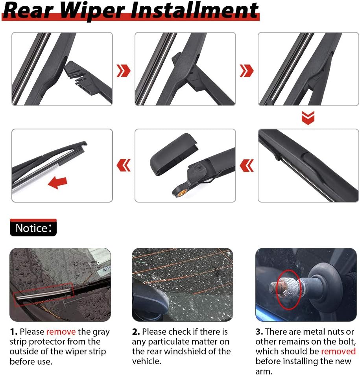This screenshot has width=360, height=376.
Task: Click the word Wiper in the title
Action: click(92, 10)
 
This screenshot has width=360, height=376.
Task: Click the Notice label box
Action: click(33, 228)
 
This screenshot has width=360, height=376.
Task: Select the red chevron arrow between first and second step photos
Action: click(123, 71)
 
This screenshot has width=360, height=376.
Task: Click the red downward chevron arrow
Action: click(308, 118)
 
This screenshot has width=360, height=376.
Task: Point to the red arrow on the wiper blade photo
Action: click(57, 182)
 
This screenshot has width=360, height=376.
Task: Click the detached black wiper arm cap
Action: click(174, 155)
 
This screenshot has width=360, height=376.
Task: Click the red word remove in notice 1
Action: click(61, 332)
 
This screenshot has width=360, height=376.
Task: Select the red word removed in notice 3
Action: click(338, 351)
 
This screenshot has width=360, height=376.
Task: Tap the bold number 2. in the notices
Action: click(136, 332)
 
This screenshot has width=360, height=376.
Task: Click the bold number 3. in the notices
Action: click(259, 332)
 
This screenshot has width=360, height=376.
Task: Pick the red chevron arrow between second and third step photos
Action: click(247, 71)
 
